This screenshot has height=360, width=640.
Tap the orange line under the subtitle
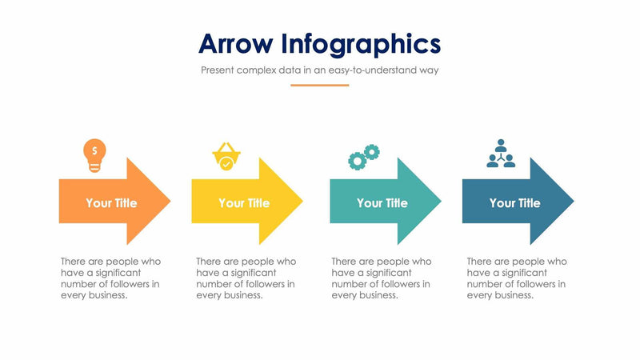click(x=319, y=85)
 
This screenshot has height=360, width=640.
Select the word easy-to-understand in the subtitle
click(x=370, y=70)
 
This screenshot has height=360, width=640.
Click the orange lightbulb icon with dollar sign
click(x=94, y=155)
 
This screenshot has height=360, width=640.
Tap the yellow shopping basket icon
click(x=226, y=156)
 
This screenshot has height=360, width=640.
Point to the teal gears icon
click(x=363, y=157)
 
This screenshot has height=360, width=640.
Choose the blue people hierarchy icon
click(x=501, y=154)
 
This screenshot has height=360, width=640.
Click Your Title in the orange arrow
click(x=111, y=203)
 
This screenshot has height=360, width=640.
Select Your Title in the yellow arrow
click(x=244, y=203)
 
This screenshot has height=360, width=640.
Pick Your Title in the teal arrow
click(x=382, y=203)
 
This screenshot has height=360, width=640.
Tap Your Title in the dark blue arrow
click(x=514, y=203)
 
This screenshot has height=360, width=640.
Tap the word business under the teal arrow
click(x=378, y=295)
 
